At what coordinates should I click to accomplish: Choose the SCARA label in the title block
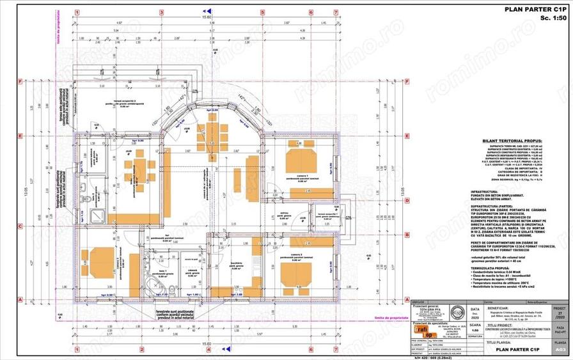[x=473, y=325]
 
